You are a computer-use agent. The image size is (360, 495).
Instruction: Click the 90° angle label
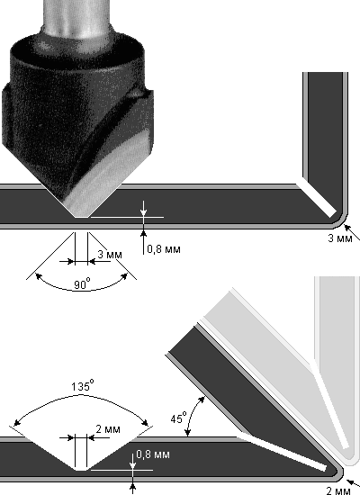83,283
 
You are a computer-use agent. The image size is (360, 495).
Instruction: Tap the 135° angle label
83,385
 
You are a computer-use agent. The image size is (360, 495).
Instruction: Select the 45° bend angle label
179,418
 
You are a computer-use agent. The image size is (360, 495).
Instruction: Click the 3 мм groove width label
110,255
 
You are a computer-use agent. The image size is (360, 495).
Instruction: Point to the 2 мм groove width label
108,429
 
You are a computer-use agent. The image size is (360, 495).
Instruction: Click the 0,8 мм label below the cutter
164,249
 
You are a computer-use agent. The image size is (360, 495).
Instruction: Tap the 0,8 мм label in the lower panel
153,454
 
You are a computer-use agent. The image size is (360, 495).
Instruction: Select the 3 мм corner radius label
340,238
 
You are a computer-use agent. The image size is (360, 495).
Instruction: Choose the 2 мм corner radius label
338,490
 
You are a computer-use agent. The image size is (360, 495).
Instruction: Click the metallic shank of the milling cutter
77,17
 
